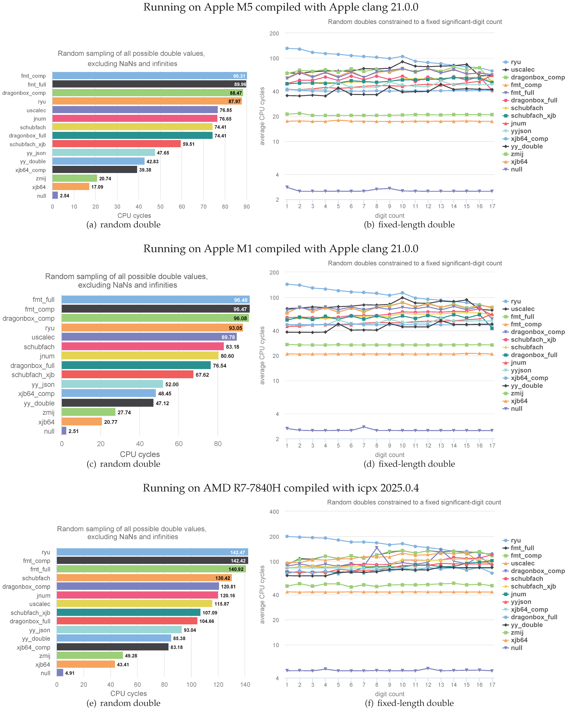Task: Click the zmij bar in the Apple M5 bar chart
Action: pos(75,178)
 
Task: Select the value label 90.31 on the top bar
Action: pos(239,76)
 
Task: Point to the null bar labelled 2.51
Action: pos(64,431)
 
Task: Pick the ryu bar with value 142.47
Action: pos(152,552)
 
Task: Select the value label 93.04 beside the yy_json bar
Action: pos(190,630)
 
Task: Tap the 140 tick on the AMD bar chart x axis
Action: pos(245,685)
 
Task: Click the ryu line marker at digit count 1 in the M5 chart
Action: pos(287,48)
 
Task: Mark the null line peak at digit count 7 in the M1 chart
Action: pos(364,427)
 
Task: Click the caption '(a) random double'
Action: pos(123,225)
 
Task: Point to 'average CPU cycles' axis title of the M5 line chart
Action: pos(262,116)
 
